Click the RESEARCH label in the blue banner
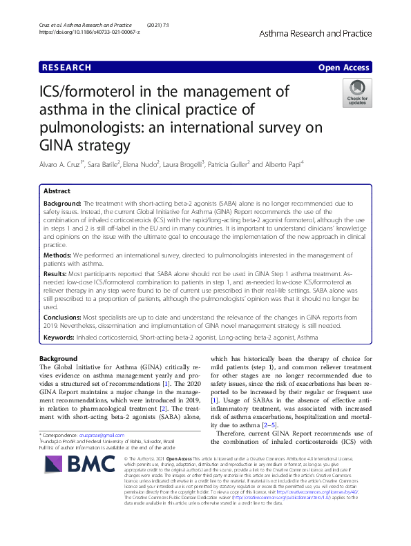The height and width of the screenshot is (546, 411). pos(67,68)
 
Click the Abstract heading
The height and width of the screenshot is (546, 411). pos(57,191)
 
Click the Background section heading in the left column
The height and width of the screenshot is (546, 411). pos(59,359)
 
